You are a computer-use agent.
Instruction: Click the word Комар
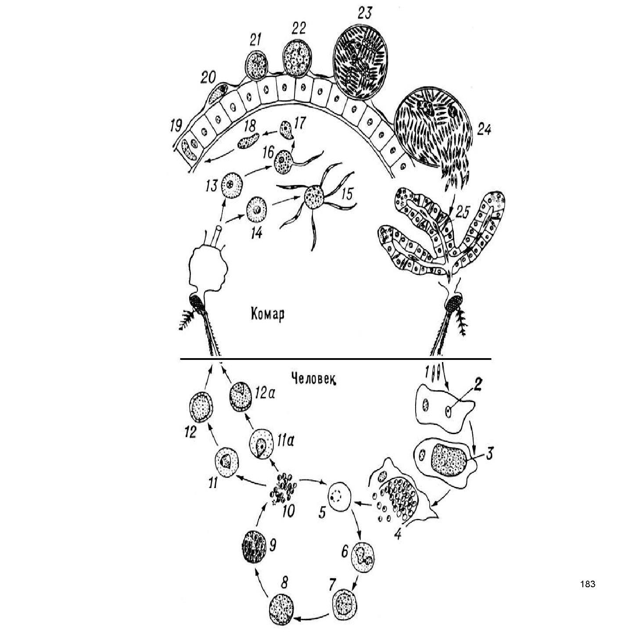(268, 314)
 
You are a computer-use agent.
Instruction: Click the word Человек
(313, 378)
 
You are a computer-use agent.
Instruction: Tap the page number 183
(587, 584)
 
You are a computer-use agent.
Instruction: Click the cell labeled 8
(281, 607)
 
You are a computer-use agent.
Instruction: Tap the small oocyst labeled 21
(255, 64)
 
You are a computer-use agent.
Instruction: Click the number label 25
(462, 212)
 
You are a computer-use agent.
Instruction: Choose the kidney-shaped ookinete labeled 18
(248, 141)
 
